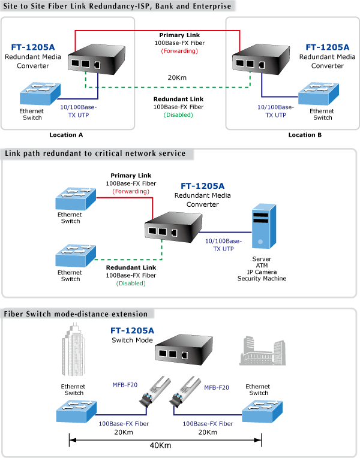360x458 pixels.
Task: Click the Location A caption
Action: click(x=66, y=135)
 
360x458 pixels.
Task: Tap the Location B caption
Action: click(x=305, y=135)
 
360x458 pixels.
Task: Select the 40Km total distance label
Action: click(x=160, y=445)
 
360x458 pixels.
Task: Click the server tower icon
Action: click(x=264, y=227)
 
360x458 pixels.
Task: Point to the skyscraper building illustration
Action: click(x=73, y=349)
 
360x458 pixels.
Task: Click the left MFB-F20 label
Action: click(x=125, y=385)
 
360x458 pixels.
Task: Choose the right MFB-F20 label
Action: click(x=217, y=388)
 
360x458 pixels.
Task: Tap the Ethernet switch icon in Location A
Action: click(x=40, y=94)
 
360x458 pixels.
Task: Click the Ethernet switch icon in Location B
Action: click(x=319, y=94)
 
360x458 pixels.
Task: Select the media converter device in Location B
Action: click(x=261, y=59)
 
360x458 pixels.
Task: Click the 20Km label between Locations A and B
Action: click(x=177, y=78)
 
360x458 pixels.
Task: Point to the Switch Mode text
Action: click(x=132, y=341)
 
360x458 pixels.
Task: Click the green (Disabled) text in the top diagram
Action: click(x=178, y=115)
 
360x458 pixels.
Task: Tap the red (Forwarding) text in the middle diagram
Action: click(x=131, y=191)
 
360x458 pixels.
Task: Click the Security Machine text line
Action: click(x=262, y=279)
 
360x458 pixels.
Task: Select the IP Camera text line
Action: click(x=262, y=272)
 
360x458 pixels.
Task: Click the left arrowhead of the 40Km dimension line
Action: click(x=71, y=440)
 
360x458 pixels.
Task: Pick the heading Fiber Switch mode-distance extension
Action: click(x=76, y=314)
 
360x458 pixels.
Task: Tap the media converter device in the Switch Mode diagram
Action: click(x=184, y=349)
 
